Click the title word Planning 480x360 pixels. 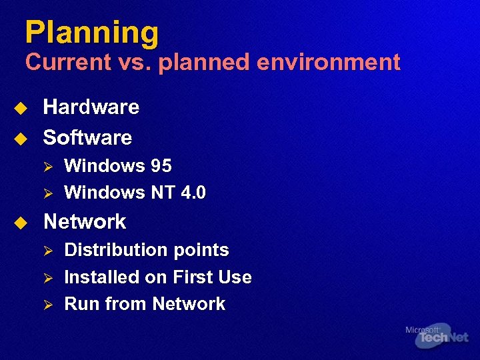click(x=92, y=33)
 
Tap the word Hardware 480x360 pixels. click(x=91, y=107)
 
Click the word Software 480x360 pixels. click(x=87, y=138)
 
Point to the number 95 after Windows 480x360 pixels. click(x=161, y=166)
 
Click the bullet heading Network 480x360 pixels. click(x=85, y=222)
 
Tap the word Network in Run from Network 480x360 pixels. click(x=189, y=305)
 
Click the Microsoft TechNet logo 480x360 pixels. click(x=437, y=335)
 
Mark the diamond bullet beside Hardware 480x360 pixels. click(x=21, y=108)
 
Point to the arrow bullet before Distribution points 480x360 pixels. click(x=47, y=251)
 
